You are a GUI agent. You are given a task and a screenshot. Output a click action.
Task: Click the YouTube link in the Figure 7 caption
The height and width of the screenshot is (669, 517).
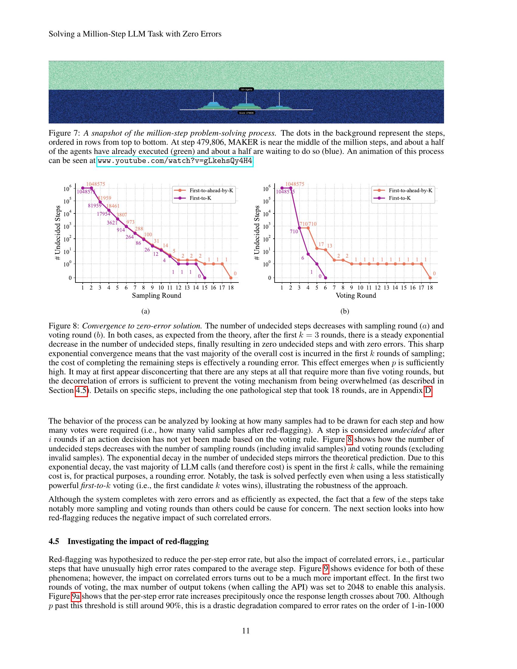(x=175, y=161)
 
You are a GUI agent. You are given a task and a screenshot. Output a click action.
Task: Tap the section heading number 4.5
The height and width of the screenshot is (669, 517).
(x=54, y=541)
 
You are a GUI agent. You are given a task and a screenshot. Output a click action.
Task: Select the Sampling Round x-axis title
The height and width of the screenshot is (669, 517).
(x=157, y=296)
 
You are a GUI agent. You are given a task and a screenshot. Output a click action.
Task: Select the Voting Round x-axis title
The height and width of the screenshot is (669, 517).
(x=356, y=296)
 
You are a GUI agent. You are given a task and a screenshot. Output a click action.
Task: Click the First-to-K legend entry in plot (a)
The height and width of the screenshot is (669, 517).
(x=201, y=198)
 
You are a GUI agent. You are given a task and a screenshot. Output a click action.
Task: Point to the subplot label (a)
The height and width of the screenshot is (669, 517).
(x=145, y=311)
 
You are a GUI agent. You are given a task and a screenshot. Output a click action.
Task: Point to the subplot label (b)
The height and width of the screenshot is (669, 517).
(x=345, y=311)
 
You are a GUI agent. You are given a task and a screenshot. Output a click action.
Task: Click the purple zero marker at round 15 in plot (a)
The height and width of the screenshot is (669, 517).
(x=205, y=278)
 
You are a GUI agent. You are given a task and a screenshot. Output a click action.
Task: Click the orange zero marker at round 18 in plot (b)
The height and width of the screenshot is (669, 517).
(x=430, y=278)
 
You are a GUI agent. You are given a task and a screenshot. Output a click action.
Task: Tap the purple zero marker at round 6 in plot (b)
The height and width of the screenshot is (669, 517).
(x=326, y=278)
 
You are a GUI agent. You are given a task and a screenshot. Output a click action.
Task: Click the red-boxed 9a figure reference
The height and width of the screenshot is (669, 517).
(x=76, y=596)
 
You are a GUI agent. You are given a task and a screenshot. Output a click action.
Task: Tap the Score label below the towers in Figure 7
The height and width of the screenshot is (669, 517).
(x=247, y=113)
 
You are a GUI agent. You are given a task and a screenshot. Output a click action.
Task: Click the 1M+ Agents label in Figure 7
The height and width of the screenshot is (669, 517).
(x=247, y=89)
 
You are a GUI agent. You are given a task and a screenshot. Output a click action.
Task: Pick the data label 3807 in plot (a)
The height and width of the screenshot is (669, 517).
(x=122, y=215)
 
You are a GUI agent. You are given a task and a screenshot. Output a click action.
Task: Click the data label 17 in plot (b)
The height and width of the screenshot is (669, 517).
(x=321, y=244)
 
